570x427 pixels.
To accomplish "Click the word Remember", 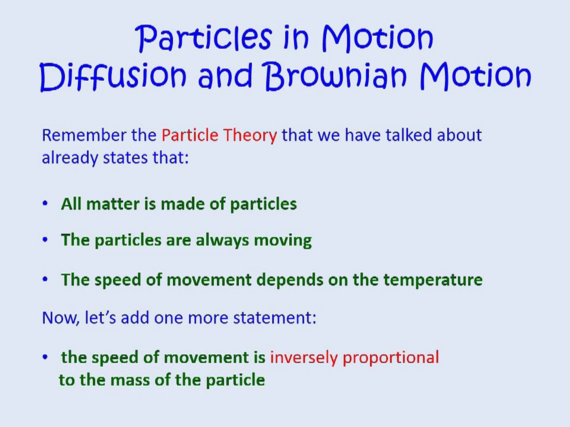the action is (84, 135).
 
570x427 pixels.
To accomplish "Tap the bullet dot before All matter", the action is (45, 204).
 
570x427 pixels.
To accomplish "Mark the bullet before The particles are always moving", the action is (45, 240).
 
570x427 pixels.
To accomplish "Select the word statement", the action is (275, 318).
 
